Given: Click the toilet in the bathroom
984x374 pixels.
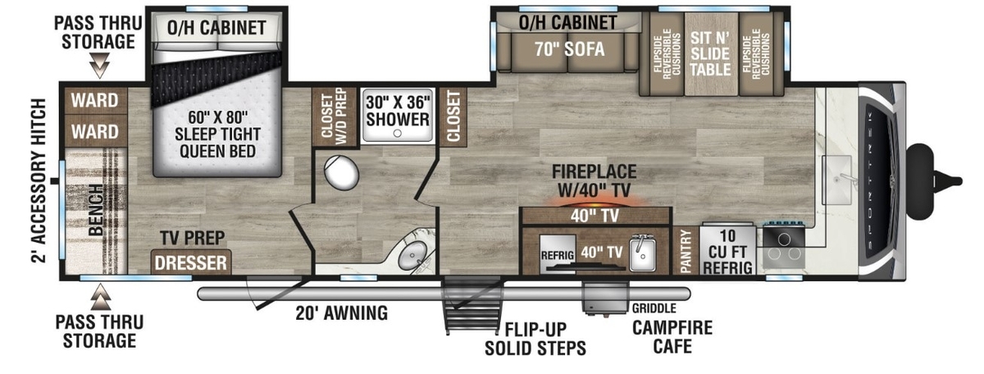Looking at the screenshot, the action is click(x=341, y=172).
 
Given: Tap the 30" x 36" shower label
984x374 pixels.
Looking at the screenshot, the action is click(x=398, y=111).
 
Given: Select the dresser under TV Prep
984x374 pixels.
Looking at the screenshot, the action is click(x=191, y=262).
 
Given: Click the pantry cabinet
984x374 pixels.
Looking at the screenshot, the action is click(x=686, y=251).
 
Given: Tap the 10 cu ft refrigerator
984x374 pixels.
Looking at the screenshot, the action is click(x=727, y=250).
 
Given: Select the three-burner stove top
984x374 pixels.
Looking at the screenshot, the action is click(x=784, y=246).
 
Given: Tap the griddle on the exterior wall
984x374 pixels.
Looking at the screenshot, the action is click(x=606, y=297).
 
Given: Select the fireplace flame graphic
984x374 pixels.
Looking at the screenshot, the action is click(x=595, y=202).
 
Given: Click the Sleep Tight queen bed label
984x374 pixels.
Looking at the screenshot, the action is click(x=217, y=134).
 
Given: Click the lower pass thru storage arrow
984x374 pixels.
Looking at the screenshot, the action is click(x=101, y=297).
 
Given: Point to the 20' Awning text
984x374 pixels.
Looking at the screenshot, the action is click(x=341, y=313).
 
